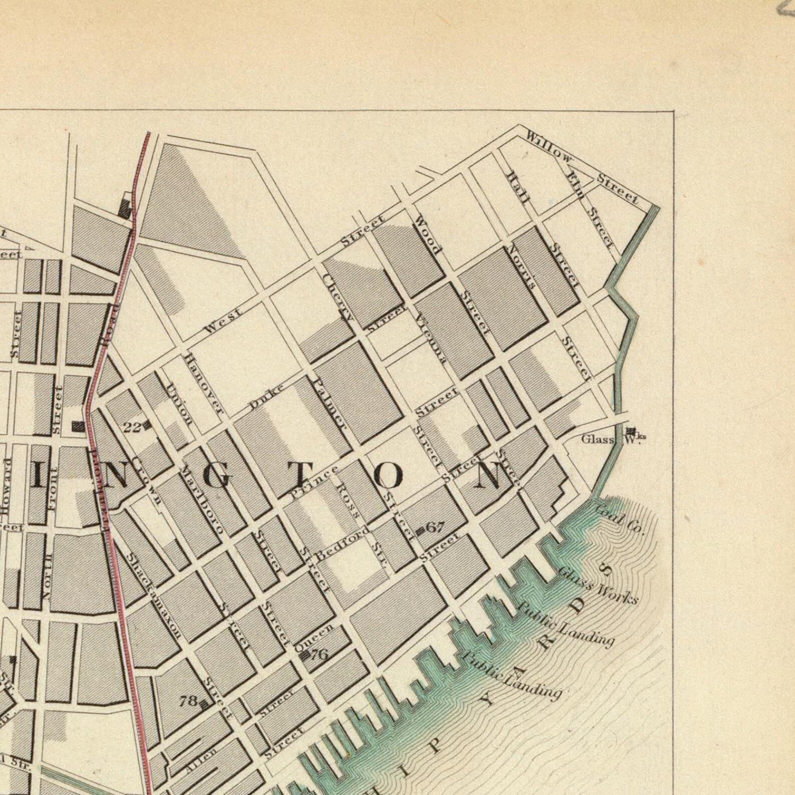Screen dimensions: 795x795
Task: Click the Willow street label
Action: [549, 145]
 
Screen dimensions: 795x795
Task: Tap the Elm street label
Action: [575, 184]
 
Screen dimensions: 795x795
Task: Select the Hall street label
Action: [518, 187]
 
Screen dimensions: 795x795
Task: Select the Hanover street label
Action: [202, 383]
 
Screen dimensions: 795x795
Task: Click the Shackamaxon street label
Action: [153, 596]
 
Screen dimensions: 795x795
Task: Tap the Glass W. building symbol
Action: [631, 431]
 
